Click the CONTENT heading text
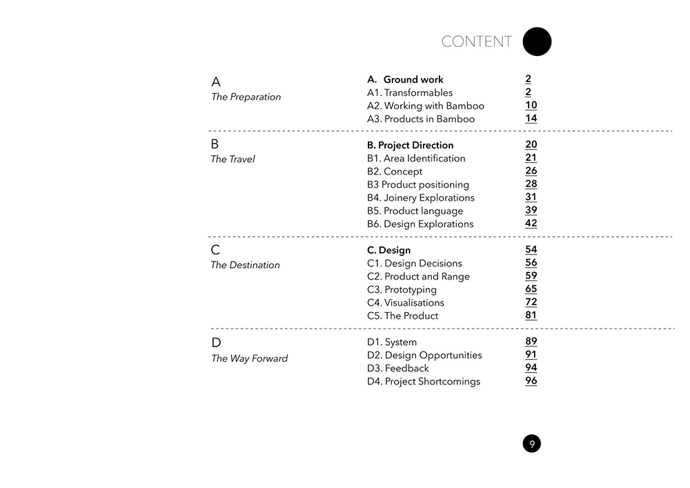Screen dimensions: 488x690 (476, 41)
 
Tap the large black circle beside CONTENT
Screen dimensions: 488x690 (537, 41)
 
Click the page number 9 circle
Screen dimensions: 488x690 (531, 444)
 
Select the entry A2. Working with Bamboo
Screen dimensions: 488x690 (425, 106)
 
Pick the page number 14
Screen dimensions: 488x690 (531, 118)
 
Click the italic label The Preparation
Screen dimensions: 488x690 (246, 97)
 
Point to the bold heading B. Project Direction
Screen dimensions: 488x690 (410, 145)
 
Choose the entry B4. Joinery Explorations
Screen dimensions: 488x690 (420, 197)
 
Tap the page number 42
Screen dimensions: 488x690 (531, 223)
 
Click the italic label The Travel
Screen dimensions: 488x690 (233, 159)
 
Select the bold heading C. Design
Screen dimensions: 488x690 (388, 251)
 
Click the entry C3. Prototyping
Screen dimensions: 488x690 (402, 289)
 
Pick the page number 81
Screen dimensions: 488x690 (531, 315)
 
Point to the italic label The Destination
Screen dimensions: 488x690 (245, 265)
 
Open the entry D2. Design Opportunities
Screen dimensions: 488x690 (424, 355)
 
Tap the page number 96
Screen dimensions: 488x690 (531, 380)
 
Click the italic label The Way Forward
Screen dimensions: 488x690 (249, 358)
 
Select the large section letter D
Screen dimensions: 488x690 (216, 343)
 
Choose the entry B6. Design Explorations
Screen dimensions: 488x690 (420, 224)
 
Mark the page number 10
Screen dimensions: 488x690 (531, 105)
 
